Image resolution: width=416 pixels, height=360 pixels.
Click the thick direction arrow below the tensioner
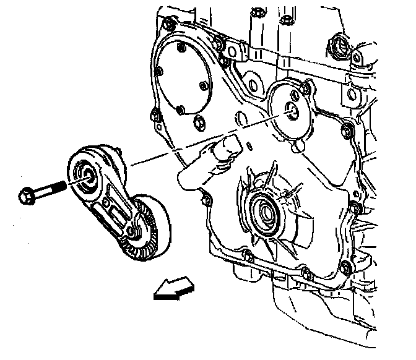tap(173, 289)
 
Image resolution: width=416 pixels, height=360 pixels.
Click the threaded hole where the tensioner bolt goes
tap(290, 113)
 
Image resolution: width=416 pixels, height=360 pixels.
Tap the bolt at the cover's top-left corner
tap(165, 25)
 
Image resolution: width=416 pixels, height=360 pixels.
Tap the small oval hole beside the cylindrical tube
tap(247, 146)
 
